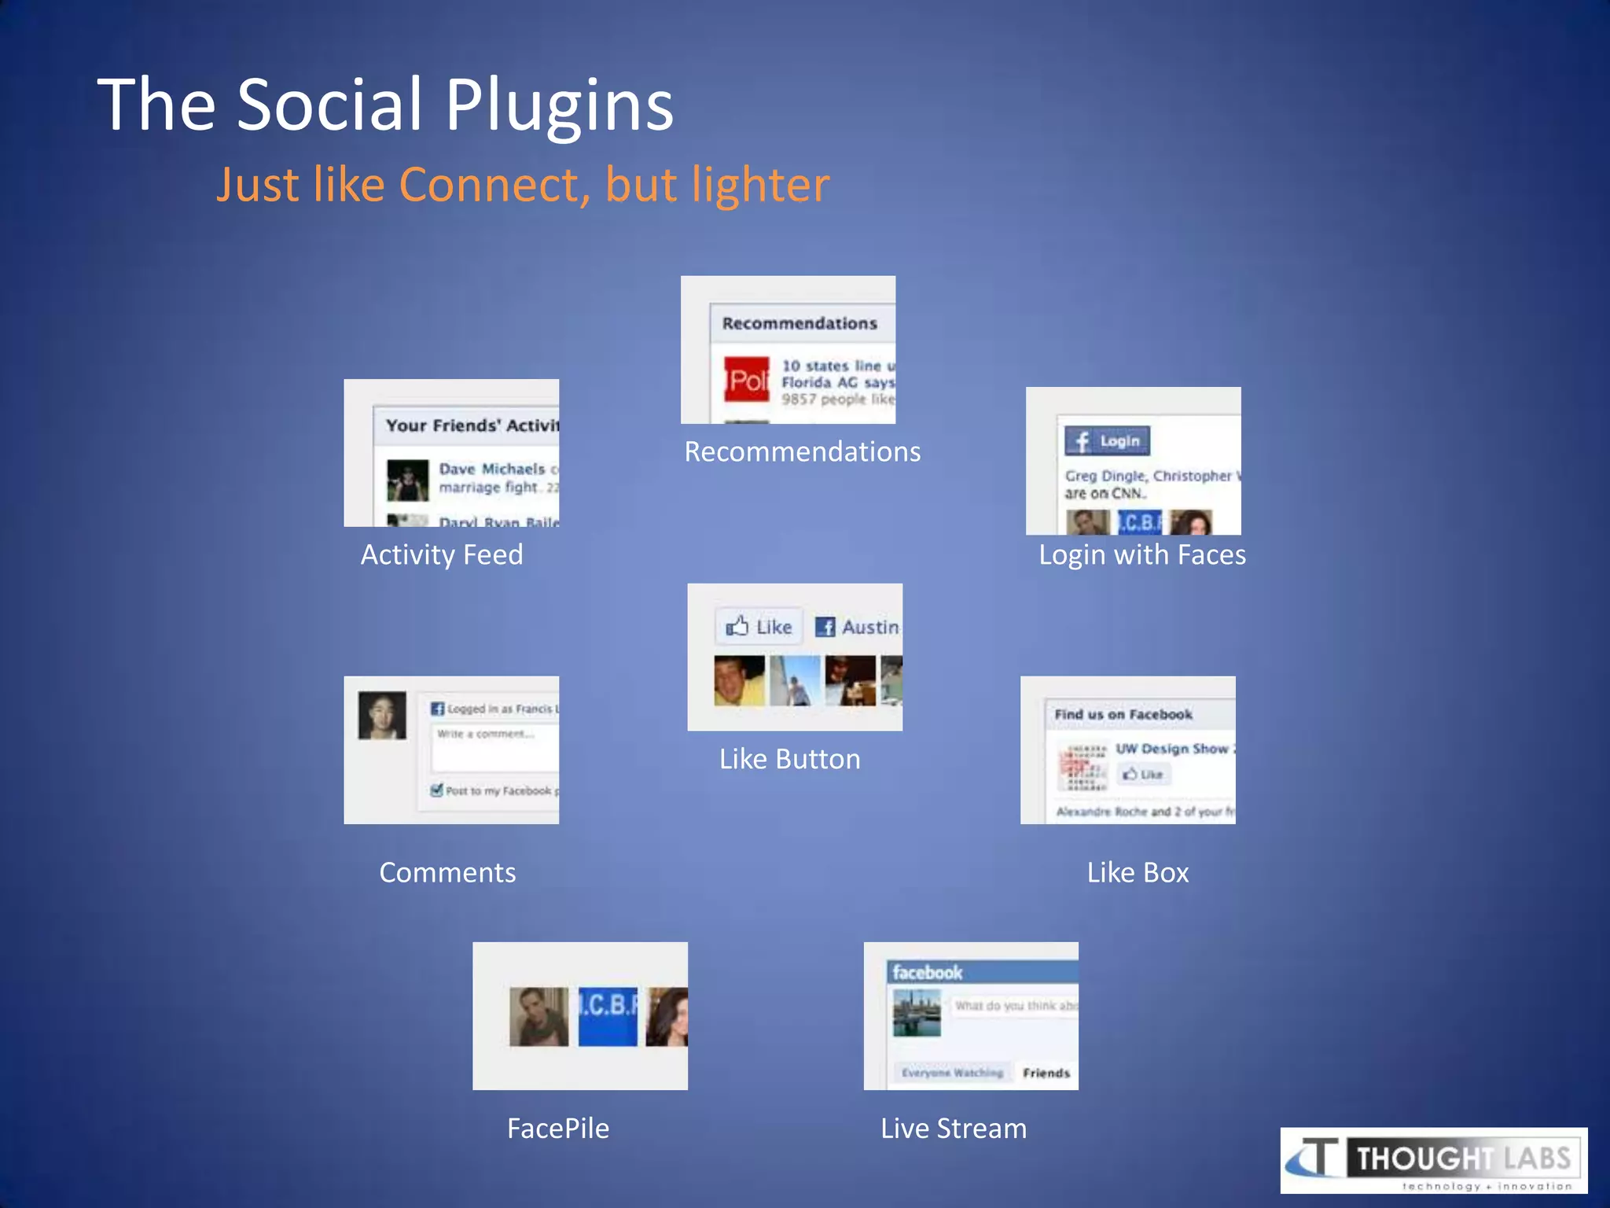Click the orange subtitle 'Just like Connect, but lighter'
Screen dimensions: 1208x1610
click(x=523, y=185)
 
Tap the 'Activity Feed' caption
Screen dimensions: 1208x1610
click(x=442, y=555)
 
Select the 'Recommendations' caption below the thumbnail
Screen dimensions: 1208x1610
click(x=802, y=452)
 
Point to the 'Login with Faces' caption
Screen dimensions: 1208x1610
click(x=1141, y=555)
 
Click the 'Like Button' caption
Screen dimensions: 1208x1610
click(x=789, y=760)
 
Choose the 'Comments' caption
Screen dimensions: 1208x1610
click(x=447, y=873)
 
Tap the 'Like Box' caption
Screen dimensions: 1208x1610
click(x=1138, y=873)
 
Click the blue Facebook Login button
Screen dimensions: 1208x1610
click(x=1107, y=441)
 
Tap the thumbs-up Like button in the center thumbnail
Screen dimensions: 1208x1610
click(x=759, y=627)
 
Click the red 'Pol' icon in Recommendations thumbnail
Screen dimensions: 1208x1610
click(x=746, y=380)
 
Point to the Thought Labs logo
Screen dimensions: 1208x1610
click(x=1433, y=1160)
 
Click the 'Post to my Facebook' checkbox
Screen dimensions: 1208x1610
click(x=437, y=790)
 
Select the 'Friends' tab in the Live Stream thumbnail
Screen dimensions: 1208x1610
click(x=1046, y=1073)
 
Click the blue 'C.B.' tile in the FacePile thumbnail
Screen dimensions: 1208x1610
click(x=608, y=1016)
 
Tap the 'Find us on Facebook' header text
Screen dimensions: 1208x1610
click(x=1123, y=714)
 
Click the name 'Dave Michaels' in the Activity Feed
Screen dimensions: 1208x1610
click(x=491, y=469)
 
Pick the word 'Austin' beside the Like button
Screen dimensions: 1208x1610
click(x=869, y=627)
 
